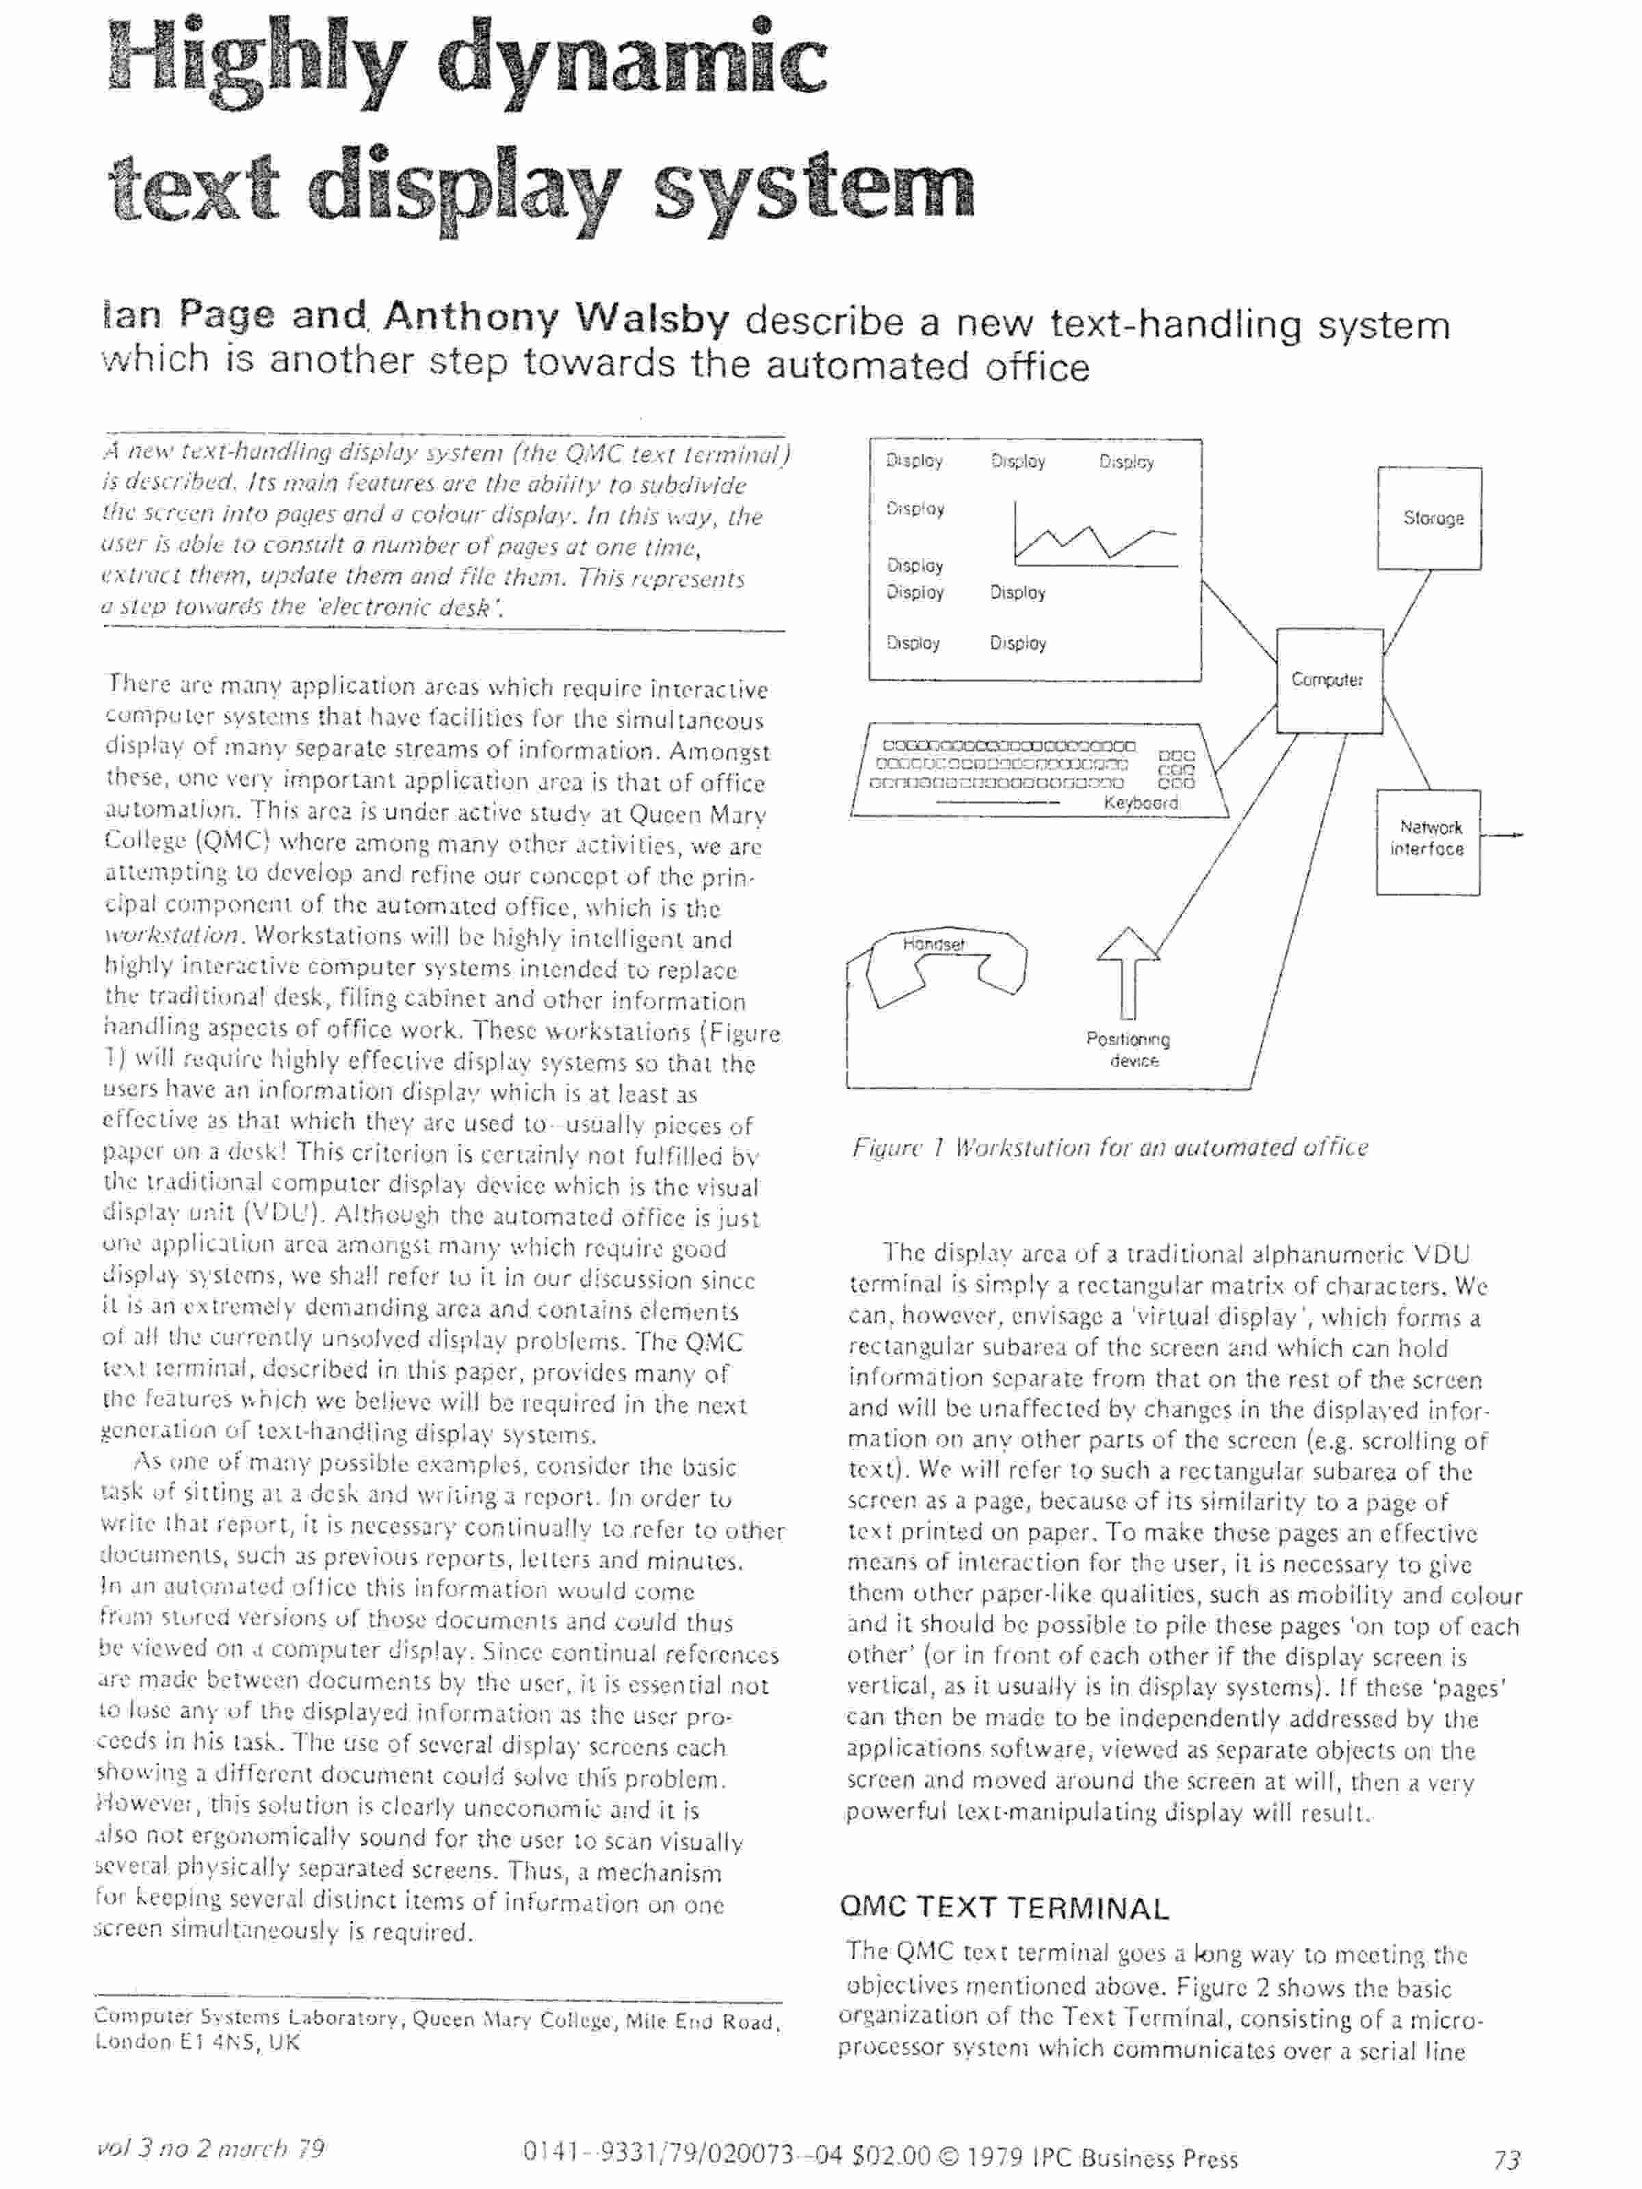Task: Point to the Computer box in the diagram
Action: tap(1327, 680)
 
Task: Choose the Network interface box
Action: tap(1426, 840)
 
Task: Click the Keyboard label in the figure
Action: tap(1141, 802)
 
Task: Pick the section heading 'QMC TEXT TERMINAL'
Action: tap(1004, 1907)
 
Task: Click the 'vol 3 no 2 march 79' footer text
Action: tap(211, 2149)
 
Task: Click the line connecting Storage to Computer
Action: tap(1407, 611)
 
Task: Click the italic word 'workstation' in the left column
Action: tap(171, 935)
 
